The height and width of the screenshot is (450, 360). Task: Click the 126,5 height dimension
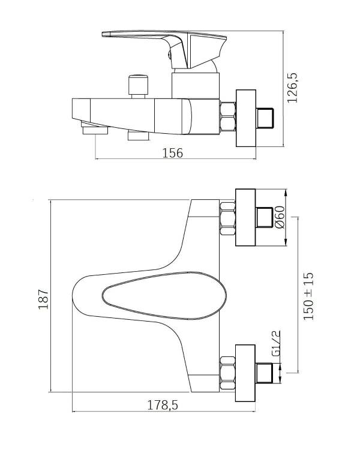click(293, 88)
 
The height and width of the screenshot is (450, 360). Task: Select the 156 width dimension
click(173, 153)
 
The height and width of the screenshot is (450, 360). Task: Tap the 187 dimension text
click(44, 299)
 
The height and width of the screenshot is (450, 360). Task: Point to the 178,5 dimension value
click(163, 405)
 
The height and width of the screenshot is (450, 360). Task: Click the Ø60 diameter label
click(280, 217)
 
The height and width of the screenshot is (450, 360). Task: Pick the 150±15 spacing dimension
click(308, 296)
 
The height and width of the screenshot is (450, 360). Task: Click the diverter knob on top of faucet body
click(139, 86)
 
